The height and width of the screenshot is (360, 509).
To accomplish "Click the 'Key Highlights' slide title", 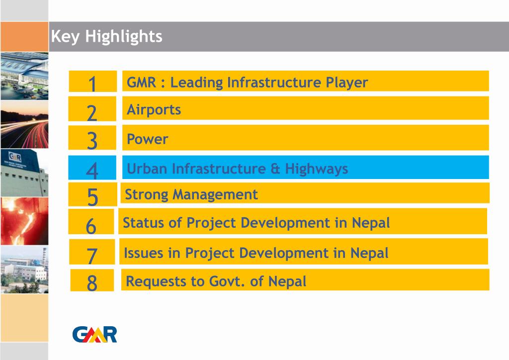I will click(x=106, y=36).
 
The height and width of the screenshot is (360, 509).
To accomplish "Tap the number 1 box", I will click(x=92, y=83).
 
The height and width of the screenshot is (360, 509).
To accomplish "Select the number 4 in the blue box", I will click(x=92, y=170).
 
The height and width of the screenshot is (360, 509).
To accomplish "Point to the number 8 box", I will click(x=92, y=282).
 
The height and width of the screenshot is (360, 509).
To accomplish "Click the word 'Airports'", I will click(x=154, y=109).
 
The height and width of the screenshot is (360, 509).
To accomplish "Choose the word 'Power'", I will click(x=147, y=139).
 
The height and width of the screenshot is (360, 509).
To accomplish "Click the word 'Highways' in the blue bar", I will click(x=316, y=169).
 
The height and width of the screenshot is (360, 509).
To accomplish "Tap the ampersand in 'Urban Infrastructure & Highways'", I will click(x=275, y=169).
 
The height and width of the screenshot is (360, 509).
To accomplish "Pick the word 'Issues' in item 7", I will click(x=143, y=253).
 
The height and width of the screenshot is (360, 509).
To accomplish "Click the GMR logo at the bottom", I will click(x=94, y=334).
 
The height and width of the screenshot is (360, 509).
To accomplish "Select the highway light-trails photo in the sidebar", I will click(x=24, y=124).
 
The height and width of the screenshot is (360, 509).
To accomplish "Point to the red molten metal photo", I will click(x=24, y=221).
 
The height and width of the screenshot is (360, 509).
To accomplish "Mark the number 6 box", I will click(x=91, y=225).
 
